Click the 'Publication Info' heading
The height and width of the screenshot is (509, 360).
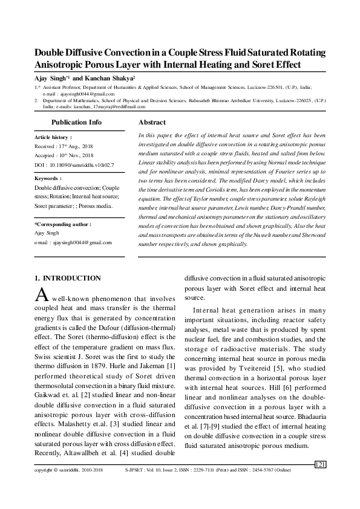click(x=77, y=122)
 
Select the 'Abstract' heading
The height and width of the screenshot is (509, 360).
click(x=152, y=122)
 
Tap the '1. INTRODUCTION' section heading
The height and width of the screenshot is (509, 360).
click(x=67, y=278)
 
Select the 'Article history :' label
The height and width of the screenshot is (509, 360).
click(x=53, y=138)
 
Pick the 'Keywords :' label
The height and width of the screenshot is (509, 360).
click(x=48, y=179)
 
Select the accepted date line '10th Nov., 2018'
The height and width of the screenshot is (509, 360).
click(x=80, y=155)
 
